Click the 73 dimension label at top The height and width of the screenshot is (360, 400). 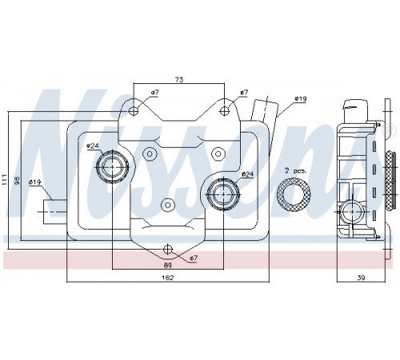[179, 79]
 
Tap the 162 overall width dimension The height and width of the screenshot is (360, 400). [168, 278]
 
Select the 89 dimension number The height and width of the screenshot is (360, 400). [168, 265]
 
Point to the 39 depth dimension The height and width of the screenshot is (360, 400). [361, 278]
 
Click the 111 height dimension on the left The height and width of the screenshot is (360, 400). [4, 180]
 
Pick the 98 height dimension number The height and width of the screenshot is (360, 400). [16, 181]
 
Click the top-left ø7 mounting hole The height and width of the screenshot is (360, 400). [134, 110]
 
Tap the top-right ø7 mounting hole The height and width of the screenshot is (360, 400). [224, 110]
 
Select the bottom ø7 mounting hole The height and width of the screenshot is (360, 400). [168, 250]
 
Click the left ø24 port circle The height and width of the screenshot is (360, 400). [112, 167]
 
